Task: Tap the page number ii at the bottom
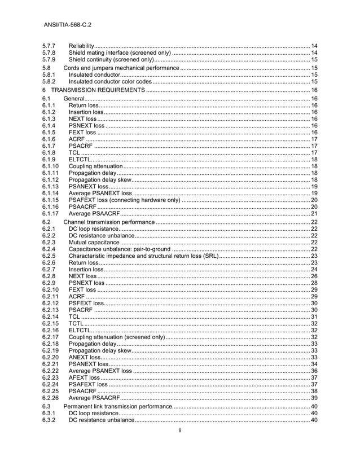click(x=179, y=430)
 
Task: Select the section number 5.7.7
click(x=49, y=45)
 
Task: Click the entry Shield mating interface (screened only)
click(x=119, y=52)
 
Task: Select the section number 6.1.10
click(x=51, y=166)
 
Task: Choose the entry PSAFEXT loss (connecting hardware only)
click(x=124, y=200)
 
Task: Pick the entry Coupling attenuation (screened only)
click(x=116, y=337)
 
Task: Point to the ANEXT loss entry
click(x=85, y=357)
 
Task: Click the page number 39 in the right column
click(x=314, y=398)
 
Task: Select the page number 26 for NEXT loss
click(x=314, y=276)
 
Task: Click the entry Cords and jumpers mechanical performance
click(x=121, y=68)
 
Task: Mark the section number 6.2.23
click(x=51, y=377)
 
